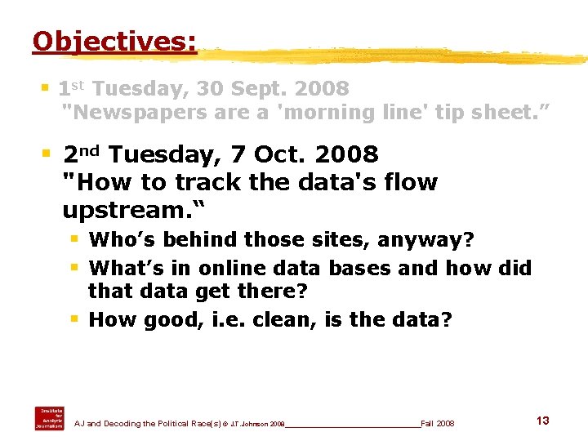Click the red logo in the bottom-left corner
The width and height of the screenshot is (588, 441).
tap(48, 417)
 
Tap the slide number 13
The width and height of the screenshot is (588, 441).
tap(542, 421)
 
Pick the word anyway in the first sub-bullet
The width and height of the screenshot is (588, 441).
tap(423, 240)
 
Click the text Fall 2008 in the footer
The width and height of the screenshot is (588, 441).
tap(438, 424)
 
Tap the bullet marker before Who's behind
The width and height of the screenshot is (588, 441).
tap(74, 239)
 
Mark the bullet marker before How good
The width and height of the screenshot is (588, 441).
tap(74, 318)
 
